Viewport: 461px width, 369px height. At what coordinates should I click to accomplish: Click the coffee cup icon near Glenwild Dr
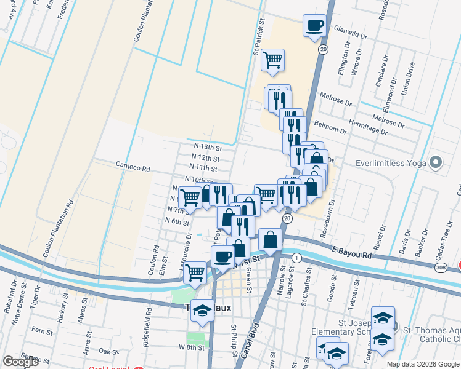tap(314, 26)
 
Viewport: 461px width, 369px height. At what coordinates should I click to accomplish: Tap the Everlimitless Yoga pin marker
tap(436, 163)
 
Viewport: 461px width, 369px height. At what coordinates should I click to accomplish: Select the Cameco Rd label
tap(133, 167)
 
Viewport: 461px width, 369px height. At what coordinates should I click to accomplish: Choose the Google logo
tap(21, 362)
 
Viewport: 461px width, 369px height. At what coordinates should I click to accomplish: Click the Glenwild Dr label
tap(349, 36)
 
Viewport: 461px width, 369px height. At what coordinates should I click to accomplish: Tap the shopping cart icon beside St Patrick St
tap(272, 60)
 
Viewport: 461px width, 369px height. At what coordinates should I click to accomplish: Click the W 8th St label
tap(191, 347)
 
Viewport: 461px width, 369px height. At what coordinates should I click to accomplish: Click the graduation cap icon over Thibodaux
tap(202, 309)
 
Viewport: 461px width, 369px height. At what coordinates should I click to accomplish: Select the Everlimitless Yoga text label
tap(392, 164)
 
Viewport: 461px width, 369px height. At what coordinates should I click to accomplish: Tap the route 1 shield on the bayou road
tap(296, 258)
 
